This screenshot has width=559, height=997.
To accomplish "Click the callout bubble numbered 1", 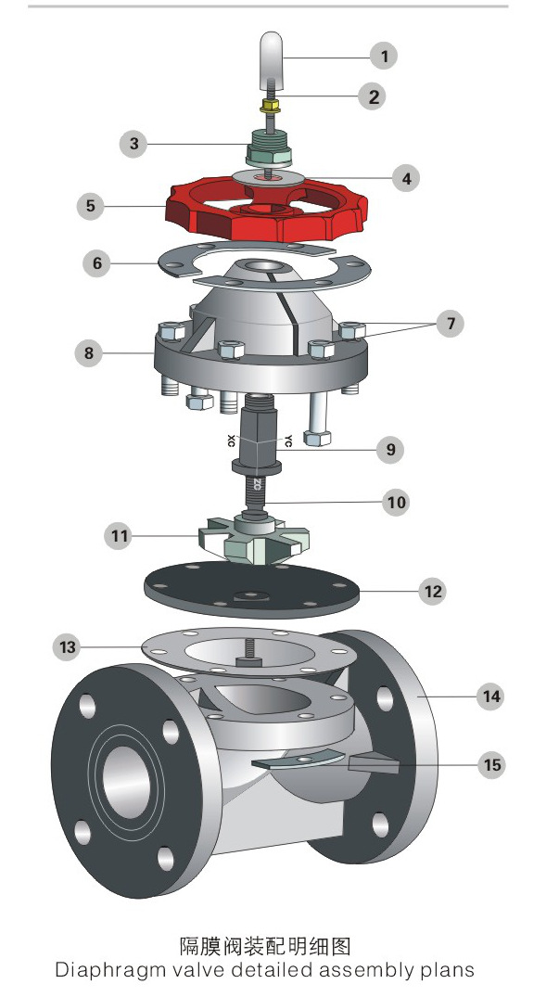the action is tap(384, 56).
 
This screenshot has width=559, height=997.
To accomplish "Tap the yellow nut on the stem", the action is tap(268, 104).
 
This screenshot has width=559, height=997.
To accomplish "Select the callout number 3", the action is tap(133, 144).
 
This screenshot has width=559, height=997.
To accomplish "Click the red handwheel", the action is tap(266, 209).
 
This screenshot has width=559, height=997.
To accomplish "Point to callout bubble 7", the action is tap(451, 324).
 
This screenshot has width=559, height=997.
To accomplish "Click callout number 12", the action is tap(433, 592).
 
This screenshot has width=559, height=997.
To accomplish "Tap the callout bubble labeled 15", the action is tap(492, 764).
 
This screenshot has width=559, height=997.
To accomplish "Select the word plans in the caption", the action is tap(447, 970).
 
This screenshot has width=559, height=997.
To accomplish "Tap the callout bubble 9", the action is tap(390, 450).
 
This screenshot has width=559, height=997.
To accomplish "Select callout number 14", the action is tap(491, 697).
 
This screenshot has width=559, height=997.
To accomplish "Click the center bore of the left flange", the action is tap(126, 781).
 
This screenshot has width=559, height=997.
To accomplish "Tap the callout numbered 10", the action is tap(397, 503).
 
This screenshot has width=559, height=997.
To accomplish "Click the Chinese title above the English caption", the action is tap(265, 946).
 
